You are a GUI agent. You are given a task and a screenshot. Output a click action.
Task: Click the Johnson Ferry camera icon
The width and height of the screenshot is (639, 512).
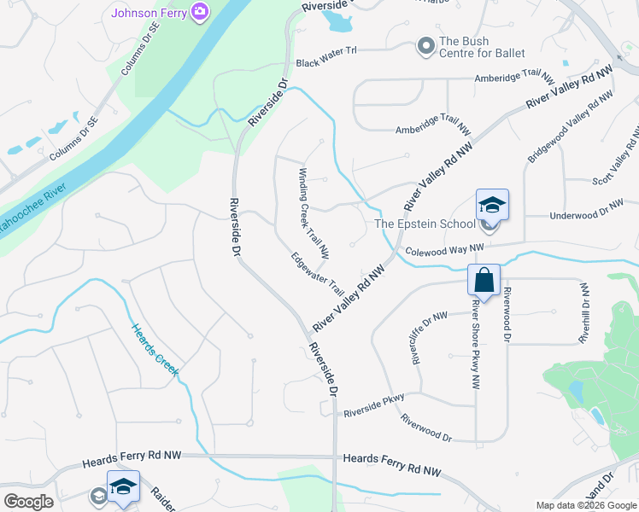[x=200, y=11]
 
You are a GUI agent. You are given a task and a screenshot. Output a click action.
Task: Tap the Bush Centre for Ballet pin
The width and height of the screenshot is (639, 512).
[x=425, y=46]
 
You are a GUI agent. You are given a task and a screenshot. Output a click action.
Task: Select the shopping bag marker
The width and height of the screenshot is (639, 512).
[x=484, y=280]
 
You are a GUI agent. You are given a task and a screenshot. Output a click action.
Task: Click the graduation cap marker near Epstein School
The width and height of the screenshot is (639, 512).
[x=493, y=205]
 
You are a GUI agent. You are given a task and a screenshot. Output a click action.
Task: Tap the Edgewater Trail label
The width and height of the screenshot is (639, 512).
[x=317, y=273]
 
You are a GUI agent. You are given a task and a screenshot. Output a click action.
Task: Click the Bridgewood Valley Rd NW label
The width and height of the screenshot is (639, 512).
[x=571, y=126]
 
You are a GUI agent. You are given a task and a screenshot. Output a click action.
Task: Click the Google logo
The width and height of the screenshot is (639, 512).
[x=28, y=502]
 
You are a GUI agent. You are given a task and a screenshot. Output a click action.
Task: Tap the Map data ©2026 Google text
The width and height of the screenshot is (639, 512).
[x=585, y=505]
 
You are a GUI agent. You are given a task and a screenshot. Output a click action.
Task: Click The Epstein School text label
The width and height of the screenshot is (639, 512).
[x=425, y=224]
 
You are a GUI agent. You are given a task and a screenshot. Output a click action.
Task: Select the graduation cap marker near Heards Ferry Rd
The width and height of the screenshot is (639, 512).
[x=123, y=486]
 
